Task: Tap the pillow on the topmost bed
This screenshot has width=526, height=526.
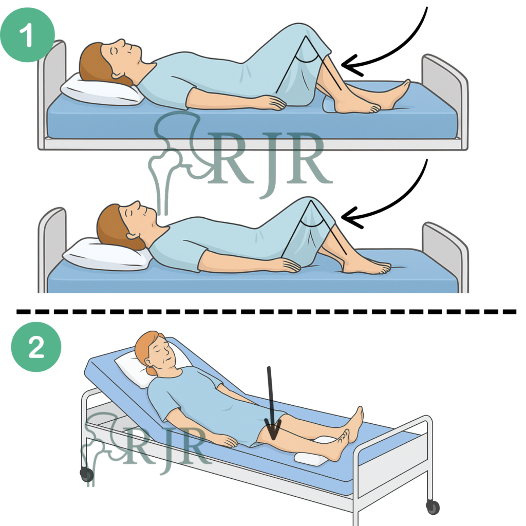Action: coord(101,90)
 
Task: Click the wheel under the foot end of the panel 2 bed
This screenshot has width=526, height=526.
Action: coord(433,507)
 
